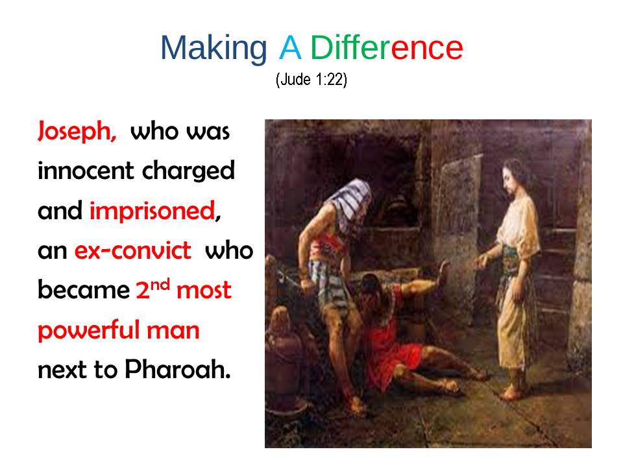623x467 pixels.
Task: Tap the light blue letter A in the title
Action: pyautogui.click(x=290, y=47)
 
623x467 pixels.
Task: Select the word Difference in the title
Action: pyautogui.click(x=387, y=47)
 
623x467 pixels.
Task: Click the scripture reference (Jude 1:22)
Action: pyautogui.click(x=311, y=79)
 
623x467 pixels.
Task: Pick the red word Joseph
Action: pyautogui.click(x=77, y=132)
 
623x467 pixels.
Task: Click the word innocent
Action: pyautogui.click(x=86, y=171)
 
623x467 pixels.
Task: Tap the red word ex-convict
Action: pyautogui.click(x=132, y=251)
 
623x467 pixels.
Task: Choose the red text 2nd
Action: pyautogui.click(x=153, y=289)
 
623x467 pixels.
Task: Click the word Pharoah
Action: pyautogui.click(x=178, y=369)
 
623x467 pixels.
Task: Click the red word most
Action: pyautogui.click(x=204, y=291)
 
